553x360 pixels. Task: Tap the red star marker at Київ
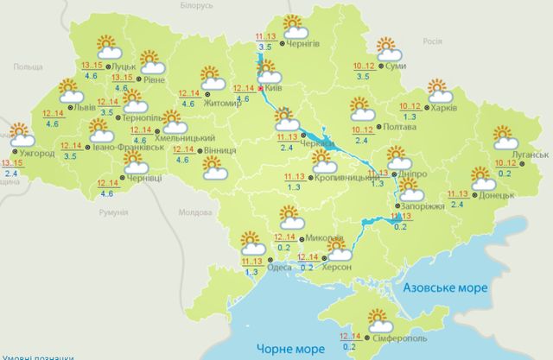tap(262, 88)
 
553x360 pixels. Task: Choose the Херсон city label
tap(337, 270)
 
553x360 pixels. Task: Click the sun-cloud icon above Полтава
tap(361, 108)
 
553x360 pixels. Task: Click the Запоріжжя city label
tap(422, 208)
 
